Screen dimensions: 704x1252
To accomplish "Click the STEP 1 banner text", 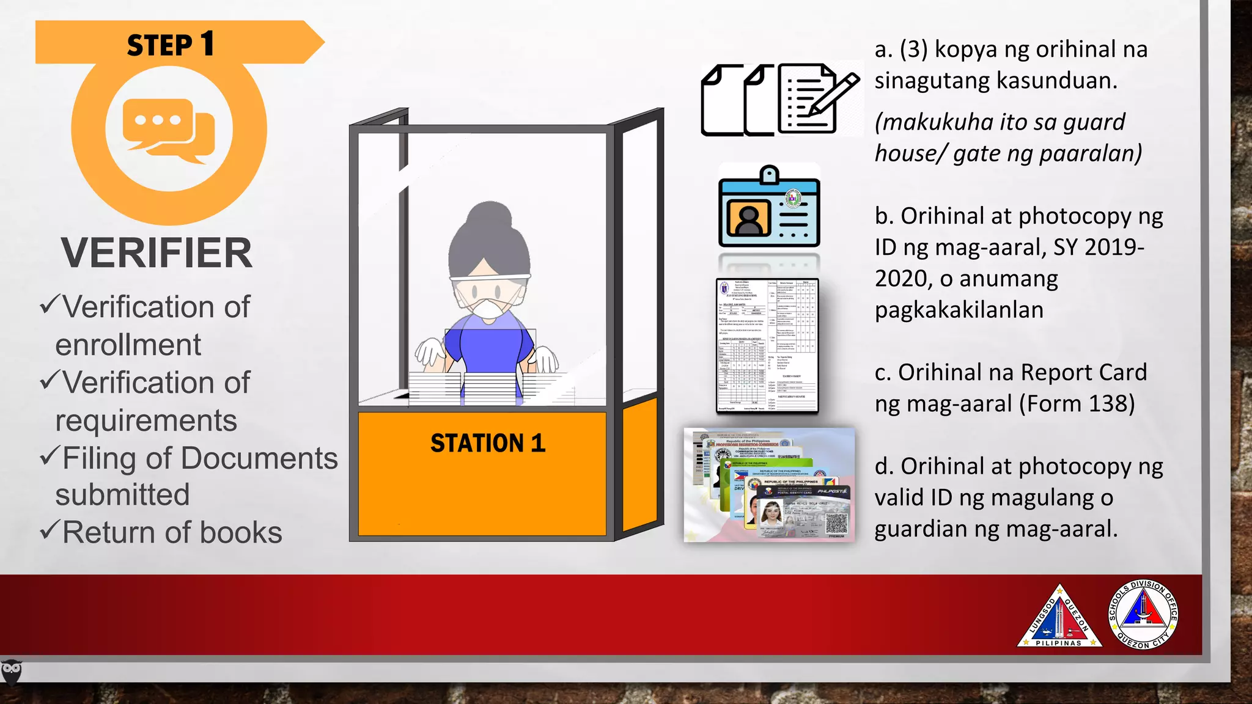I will click(170, 45).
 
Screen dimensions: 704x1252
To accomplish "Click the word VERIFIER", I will click(156, 253).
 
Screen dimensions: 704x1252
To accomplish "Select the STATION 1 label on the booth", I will click(487, 443).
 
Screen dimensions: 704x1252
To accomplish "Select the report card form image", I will click(767, 346).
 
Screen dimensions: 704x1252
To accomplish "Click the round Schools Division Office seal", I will click(1142, 614).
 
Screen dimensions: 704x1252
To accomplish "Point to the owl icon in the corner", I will click(11, 672).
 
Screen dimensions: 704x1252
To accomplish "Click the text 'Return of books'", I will click(172, 532).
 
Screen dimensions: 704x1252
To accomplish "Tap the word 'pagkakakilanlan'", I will click(959, 310).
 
